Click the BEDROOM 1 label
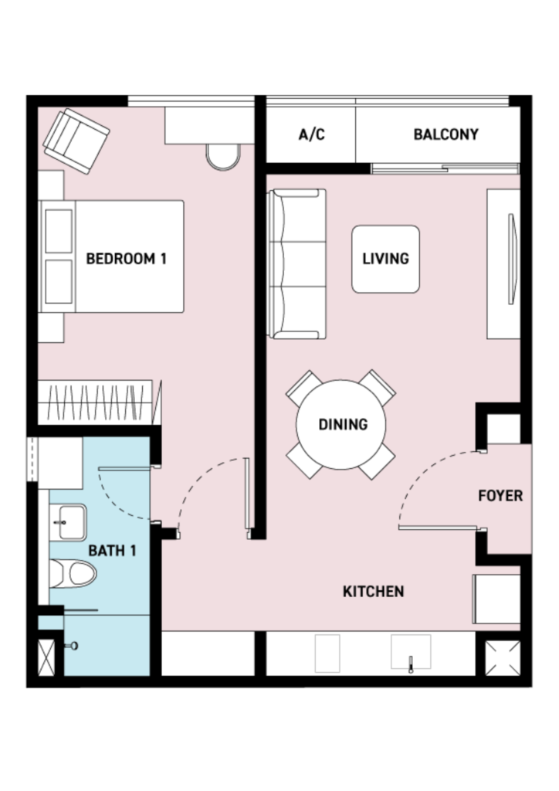tap(126, 259)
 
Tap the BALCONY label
tap(446, 134)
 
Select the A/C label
tap(311, 134)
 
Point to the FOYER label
tap(500, 495)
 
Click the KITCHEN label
tap(373, 591)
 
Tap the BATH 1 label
tap(112, 550)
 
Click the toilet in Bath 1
tap(73, 574)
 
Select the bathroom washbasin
tap(67, 522)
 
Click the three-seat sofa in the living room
tap(297, 264)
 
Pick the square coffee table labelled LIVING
tap(385, 260)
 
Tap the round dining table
tap(340, 425)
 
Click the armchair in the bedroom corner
tap(76, 141)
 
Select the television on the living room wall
tap(513, 259)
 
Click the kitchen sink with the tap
tap(411, 652)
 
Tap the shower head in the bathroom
tap(73, 645)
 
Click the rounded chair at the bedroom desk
tap(222, 157)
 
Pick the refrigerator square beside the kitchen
tap(496, 599)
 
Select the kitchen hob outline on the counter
tap(327, 654)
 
